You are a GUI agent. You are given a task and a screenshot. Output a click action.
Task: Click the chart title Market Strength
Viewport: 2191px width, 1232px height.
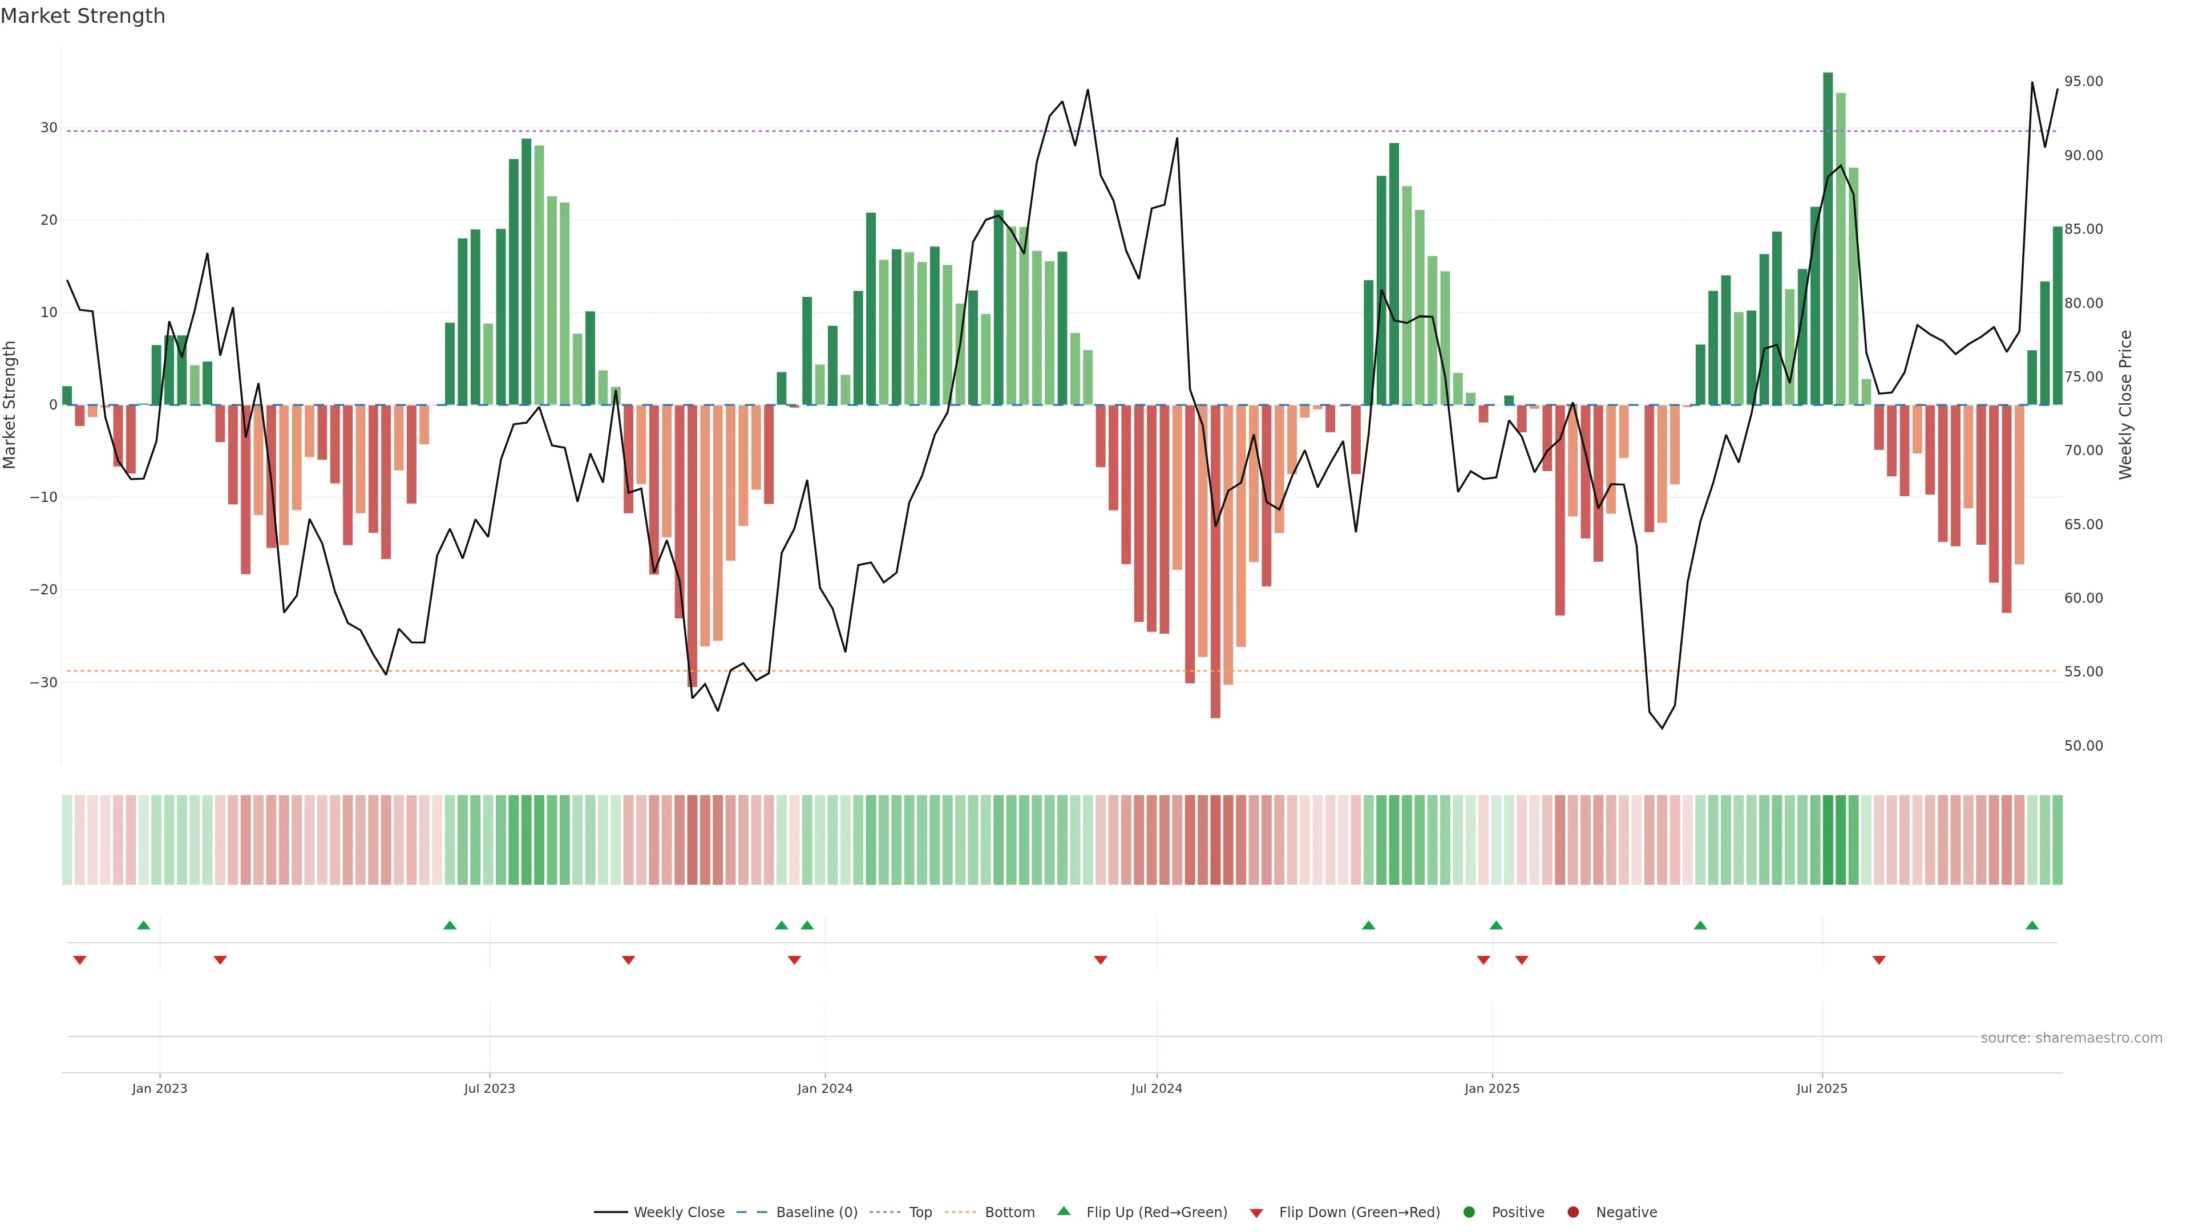click(83, 16)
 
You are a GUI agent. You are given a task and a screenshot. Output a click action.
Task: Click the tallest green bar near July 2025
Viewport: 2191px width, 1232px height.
click(1827, 238)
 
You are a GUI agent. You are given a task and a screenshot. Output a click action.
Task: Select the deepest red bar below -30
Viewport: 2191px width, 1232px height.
click(1215, 561)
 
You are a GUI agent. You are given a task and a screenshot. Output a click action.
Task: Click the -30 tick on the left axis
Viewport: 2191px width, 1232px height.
click(43, 683)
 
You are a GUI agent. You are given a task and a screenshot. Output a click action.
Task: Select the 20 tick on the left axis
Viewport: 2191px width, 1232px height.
click(48, 220)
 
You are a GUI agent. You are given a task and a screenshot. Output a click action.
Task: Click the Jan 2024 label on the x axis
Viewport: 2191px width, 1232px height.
click(824, 1088)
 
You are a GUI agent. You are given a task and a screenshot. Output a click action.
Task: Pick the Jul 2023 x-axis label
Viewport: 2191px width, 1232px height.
click(489, 1088)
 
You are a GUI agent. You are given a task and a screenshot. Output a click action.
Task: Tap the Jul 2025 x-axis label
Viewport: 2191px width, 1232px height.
click(1821, 1088)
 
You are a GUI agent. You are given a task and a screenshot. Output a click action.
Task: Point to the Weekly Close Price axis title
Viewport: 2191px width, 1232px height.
click(2125, 405)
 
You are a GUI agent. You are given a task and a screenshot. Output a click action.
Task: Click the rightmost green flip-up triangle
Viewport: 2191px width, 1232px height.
click(2032, 925)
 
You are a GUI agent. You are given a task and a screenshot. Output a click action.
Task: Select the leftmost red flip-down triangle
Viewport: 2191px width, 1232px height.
click(80, 960)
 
